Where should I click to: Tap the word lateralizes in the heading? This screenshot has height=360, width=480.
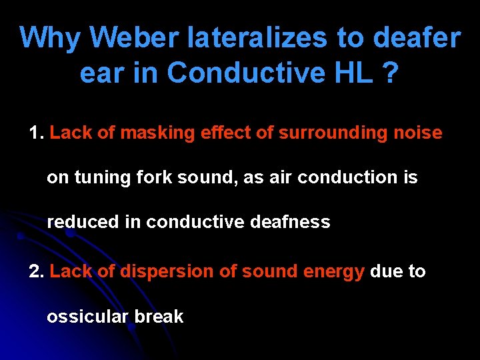(257, 39)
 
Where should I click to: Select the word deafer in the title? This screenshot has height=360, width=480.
(417, 39)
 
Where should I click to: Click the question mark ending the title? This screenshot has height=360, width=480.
(392, 73)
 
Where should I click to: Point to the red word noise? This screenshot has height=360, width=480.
(417, 133)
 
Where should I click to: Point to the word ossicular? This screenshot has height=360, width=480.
(87, 317)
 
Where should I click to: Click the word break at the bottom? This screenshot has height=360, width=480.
(159, 317)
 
